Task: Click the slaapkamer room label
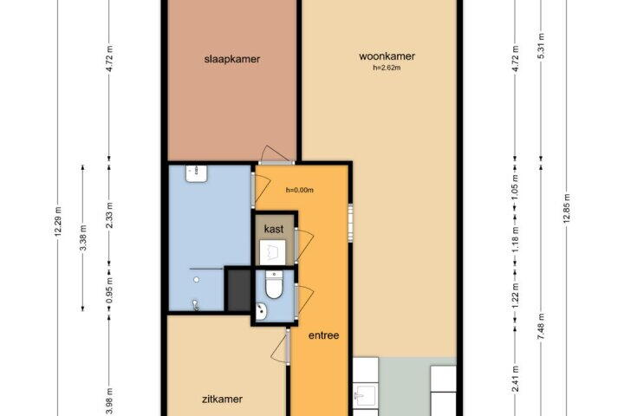(x=232, y=59)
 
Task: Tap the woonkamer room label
(x=387, y=56)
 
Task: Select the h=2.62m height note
(x=387, y=68)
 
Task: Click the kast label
(x=274, y=229)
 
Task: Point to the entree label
(x=324, y=335)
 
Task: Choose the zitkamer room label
(x=222, y=399)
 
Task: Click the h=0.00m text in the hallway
(x=300, y=191)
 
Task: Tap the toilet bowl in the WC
(x=274, y=284)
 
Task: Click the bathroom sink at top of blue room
(x=196, y=173)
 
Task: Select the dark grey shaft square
(x=239, y=289)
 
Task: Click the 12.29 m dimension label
(x=58, y=221)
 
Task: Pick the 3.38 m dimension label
(x=83, y=237)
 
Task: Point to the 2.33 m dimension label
(x=110, y=215)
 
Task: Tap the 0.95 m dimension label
(x=110, y=290)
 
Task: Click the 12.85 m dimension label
(x=567, y=208)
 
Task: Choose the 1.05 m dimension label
(x=516, y=187)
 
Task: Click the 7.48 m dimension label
(x=541, y=327)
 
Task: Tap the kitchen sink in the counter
(x=365, y=396)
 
